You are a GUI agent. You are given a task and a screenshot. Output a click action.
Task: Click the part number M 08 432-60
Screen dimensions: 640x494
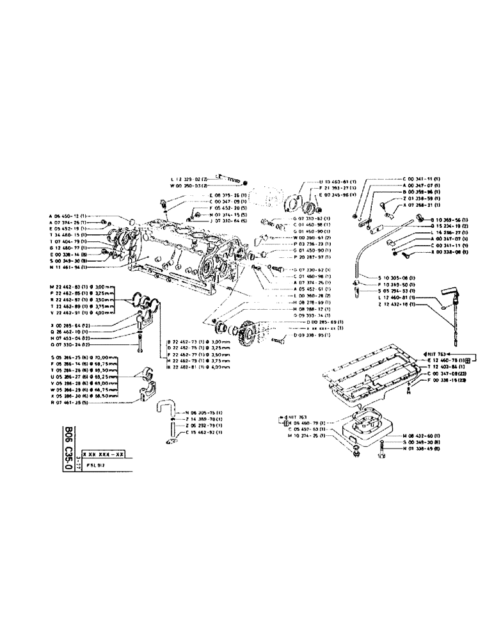pyautogui.click(x=423, y=435)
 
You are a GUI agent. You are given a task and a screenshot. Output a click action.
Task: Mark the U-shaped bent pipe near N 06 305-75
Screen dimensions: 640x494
pyautogui.click(x=165, y=408)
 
